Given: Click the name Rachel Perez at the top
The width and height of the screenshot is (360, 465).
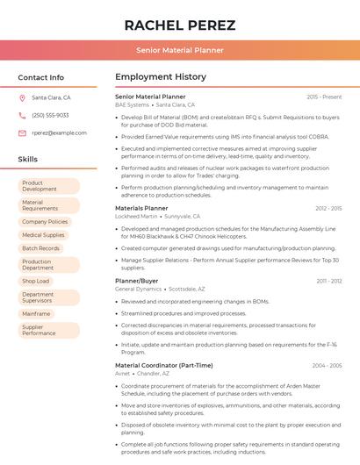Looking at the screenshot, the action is coord(179,24).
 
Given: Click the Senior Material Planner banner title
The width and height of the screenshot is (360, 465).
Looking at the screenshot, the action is coord(179,51).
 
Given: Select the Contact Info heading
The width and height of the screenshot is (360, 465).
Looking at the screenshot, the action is coord(41,77).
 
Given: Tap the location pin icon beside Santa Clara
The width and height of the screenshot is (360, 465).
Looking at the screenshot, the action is coord(22,97).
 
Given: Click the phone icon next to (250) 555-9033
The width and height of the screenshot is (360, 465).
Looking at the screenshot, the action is coord(22,115).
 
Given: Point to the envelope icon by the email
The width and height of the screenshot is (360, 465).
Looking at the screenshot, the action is coord(22,133).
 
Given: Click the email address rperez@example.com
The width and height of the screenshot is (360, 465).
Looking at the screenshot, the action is coord(59,133).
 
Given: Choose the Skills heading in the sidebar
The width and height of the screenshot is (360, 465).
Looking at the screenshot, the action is coord(28,160).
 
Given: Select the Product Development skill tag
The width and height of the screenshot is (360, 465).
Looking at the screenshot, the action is coord(40,186).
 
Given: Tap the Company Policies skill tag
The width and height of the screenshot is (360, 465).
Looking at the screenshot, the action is coord(45,222).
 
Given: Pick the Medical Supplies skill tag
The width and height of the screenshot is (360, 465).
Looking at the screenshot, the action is coord(43,235).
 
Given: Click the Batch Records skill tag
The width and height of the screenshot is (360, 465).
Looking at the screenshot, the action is coord(40,248).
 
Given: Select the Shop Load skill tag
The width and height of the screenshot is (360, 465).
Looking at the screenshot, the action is coord(36,281).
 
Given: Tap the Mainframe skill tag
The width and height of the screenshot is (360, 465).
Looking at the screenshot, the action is coord(36,313).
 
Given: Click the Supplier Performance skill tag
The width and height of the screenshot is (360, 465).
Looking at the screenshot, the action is coord(40,330).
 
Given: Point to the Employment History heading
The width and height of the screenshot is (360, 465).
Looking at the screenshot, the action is coord(161,77).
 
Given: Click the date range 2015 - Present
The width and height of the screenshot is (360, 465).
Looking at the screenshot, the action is coord(324,97).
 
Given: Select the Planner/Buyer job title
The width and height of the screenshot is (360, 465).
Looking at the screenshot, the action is coord(137,281).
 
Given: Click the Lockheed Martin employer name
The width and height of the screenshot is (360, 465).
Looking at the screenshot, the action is coord(136,216).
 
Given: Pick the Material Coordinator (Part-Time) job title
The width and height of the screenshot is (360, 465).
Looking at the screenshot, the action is coord(163,365).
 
